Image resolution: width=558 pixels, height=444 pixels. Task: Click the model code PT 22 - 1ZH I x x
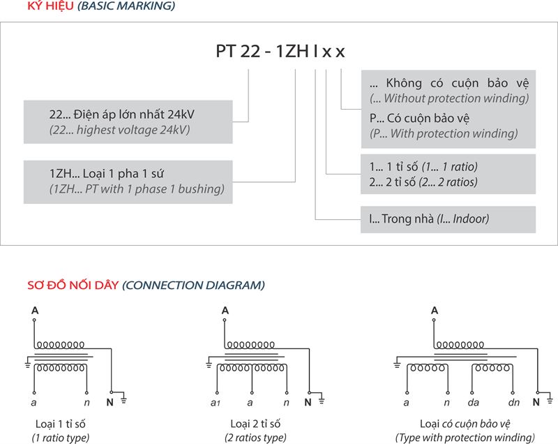(280, 52)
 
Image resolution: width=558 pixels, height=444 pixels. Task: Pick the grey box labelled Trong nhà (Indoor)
(448, 219)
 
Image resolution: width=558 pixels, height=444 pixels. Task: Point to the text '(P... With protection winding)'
(444, 133)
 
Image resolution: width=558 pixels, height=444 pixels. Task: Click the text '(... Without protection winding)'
(449, 98)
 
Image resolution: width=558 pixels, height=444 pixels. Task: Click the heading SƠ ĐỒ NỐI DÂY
(73, 286)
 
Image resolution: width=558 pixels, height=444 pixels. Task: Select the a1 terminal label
(215, 404)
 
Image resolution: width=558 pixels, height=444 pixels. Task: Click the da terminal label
(474, 404)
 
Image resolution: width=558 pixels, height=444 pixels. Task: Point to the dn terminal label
(514, 404)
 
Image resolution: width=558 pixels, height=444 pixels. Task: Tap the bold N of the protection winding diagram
(536, 402)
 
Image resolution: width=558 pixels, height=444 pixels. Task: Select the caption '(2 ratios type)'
(255, 438)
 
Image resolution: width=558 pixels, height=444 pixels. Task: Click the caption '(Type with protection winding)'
(465, 438)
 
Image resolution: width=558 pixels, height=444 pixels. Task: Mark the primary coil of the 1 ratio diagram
(61, 344)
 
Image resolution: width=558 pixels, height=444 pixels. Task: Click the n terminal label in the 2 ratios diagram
(286, 404)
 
